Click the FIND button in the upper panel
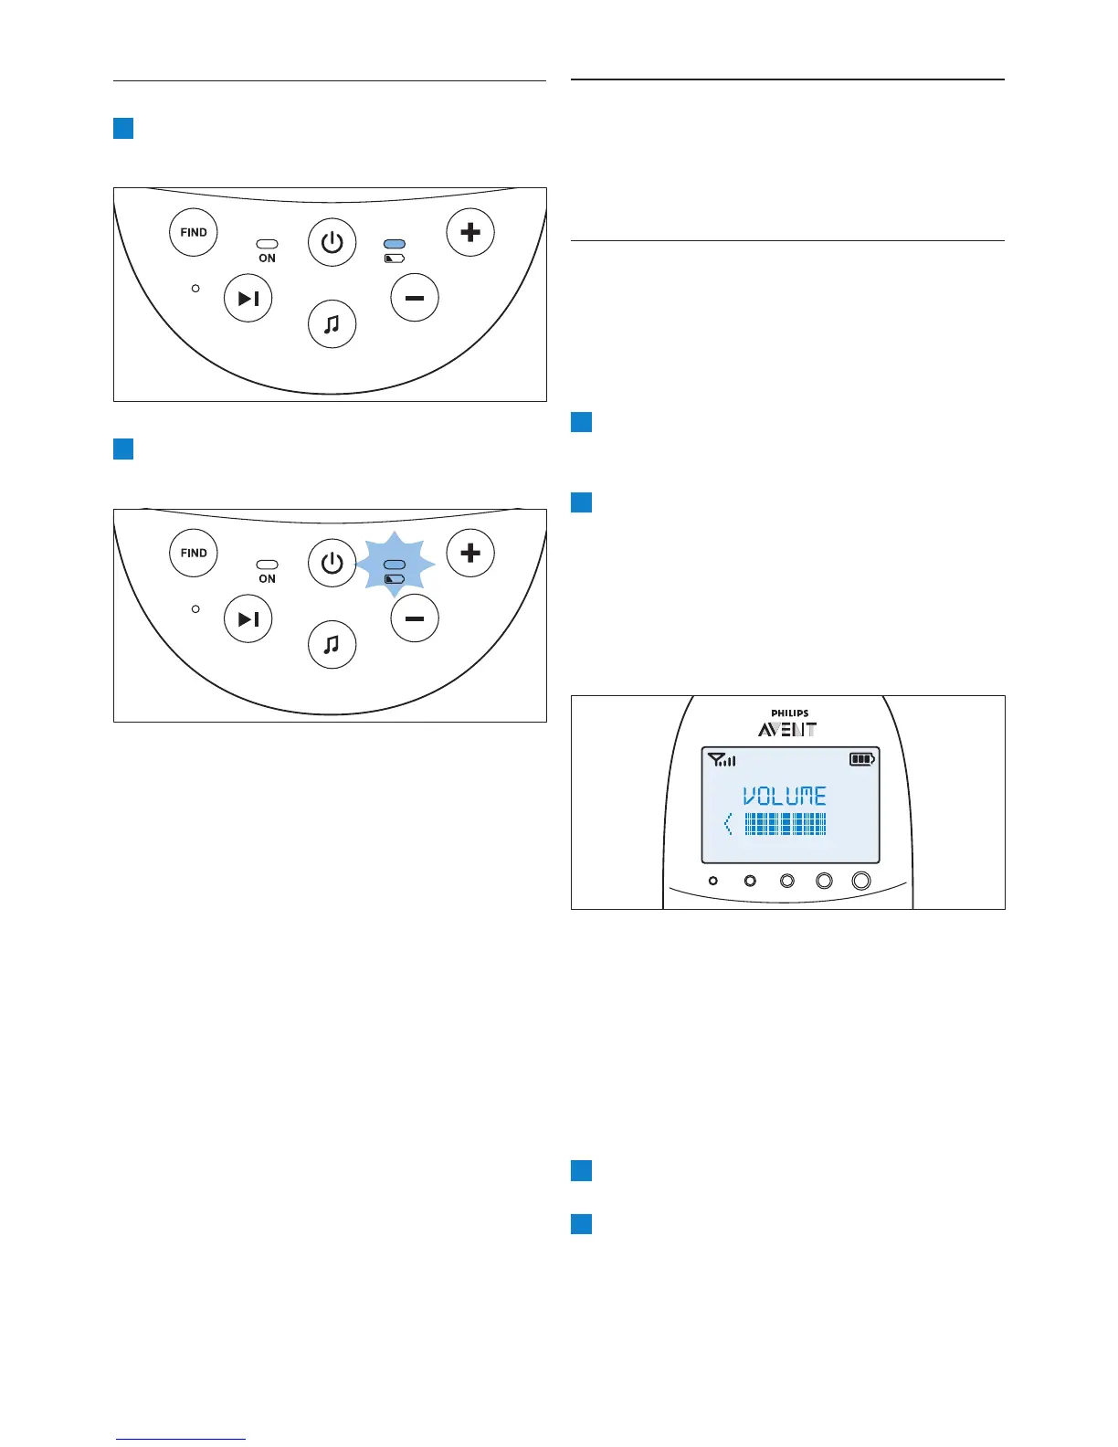[x=194, y=232]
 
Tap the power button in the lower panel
[x=332, y=563]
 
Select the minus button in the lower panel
[x=415, y=618]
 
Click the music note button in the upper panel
[x=332, y=324]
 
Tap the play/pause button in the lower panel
[x=248, y=618]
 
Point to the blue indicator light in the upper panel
[x=395, y=245]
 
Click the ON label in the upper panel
[x=267, y=259]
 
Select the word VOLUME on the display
[x=785, y=797]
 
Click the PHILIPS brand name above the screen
[x=789, y=713]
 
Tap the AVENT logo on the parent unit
[x=787, y=729]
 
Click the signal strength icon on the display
[x=722, y=759]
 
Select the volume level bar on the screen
[x=786, y=825]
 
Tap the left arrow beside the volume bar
[x=728, y=825]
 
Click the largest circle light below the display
[x=860, y=881]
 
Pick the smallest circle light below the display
[x=713, y=881]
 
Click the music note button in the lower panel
[x=332, y=645]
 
